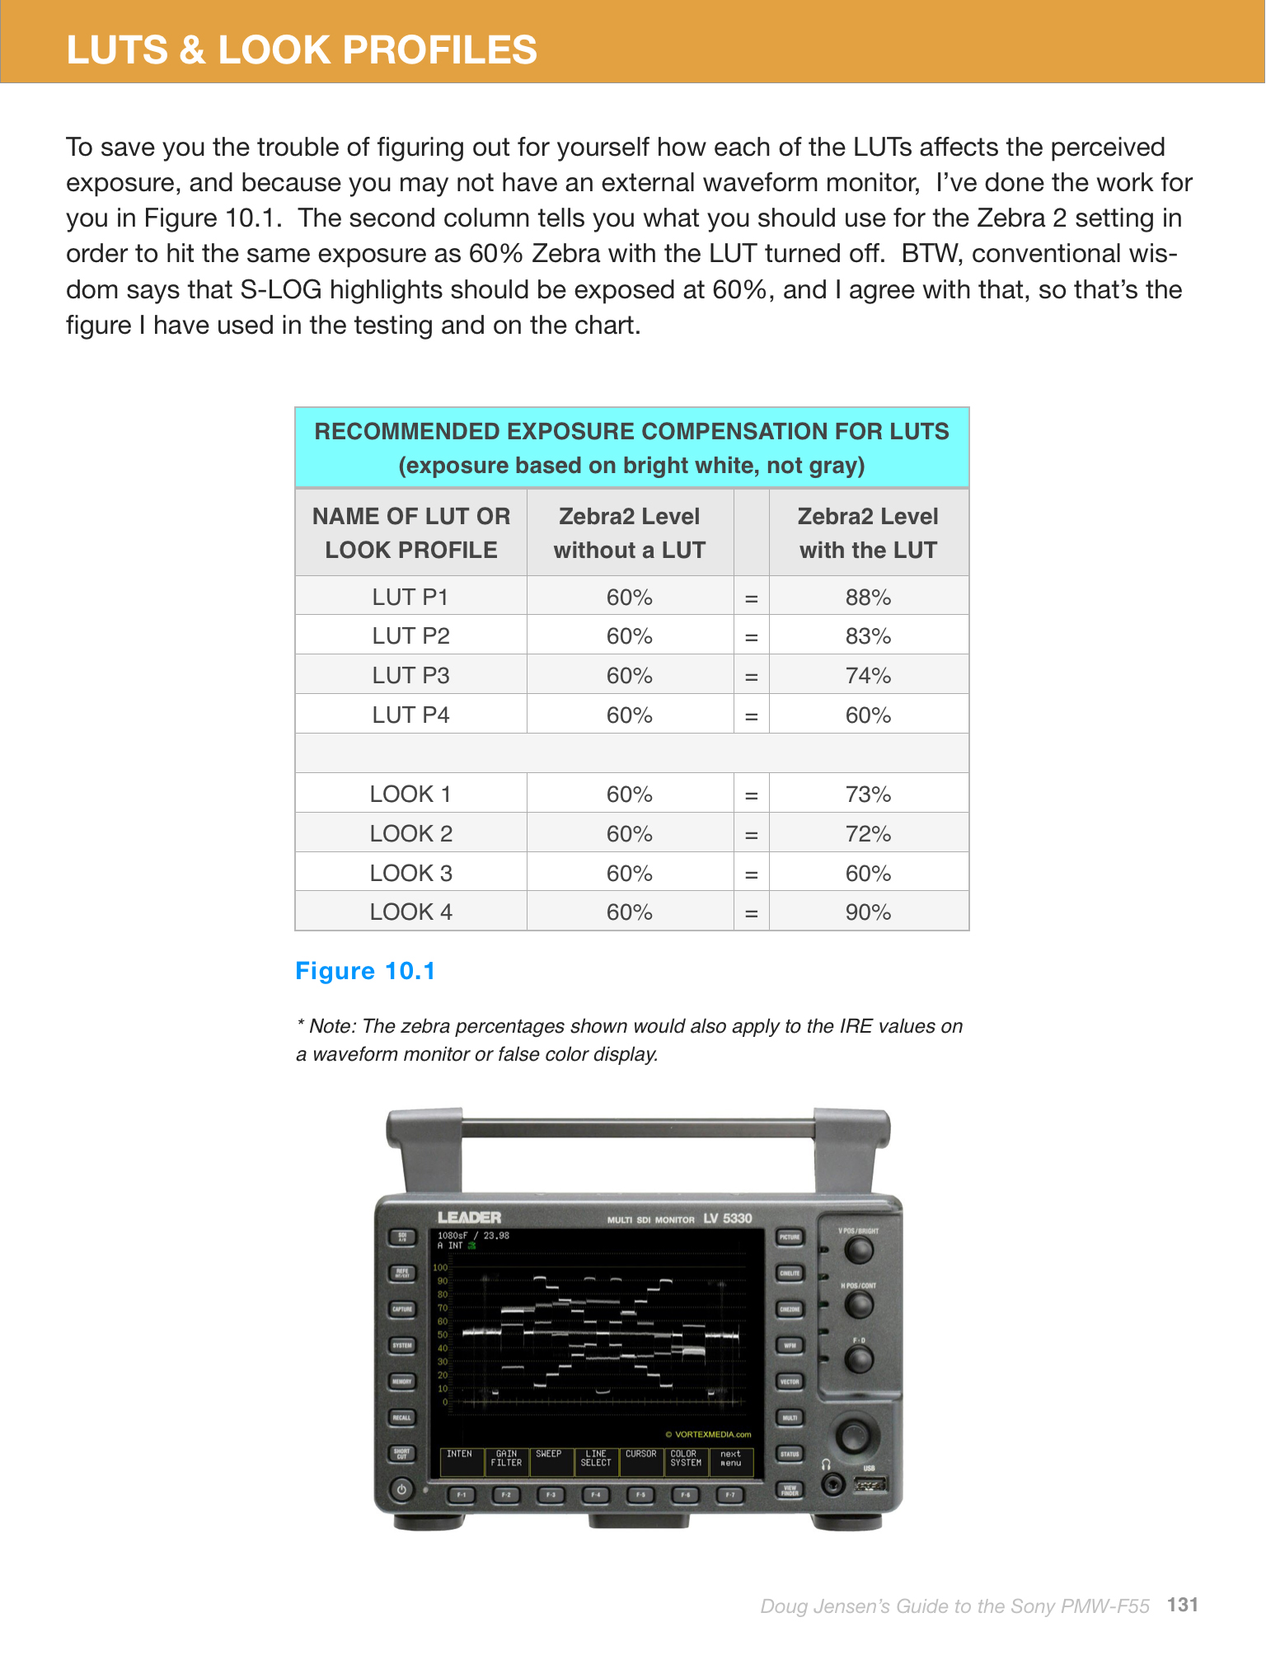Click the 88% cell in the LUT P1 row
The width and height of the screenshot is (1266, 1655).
(868, 597)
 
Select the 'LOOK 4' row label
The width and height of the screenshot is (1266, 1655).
(410, 912)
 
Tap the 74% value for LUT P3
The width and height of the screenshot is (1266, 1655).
(868, 676)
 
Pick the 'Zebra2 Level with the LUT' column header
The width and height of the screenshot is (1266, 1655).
(868, 532)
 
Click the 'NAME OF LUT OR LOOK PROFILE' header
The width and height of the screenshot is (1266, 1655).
(410, 532)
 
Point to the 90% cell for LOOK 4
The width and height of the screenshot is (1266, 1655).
(868, 912)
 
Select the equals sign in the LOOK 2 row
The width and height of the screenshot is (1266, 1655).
(751, 834)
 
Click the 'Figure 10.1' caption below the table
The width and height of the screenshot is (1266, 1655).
(365, 971)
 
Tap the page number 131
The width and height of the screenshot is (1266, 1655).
(1182, 1604)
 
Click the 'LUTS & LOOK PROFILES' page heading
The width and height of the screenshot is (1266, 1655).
(302, 49)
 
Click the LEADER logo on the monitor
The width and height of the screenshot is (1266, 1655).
(469, 1217)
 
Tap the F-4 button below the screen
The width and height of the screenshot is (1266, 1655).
(595, 1494)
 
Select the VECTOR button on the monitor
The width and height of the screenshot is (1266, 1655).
(790, 1381)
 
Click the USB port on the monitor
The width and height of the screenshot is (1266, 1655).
(870, 1485)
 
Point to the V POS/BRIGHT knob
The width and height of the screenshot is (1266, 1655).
(859, 1250)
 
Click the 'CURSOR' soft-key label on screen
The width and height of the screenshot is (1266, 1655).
(640, 1454)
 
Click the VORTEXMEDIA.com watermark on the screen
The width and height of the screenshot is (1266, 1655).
(709, 1434)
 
